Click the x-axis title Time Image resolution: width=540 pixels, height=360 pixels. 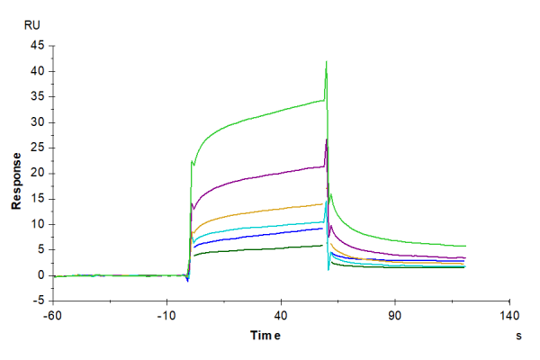click(265, 336)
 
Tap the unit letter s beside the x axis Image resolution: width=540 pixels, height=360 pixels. click(518, 336)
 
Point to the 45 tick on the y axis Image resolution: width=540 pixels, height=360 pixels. click(39, 46)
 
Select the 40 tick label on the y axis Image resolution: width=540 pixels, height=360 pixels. click(39, 71)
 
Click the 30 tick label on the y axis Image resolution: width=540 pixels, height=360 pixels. click(39, 122)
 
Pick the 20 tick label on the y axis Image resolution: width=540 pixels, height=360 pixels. click(39, 174)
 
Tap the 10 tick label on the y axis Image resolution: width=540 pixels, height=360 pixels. click(39, 224)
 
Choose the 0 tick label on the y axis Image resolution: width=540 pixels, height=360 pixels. click(42, 275)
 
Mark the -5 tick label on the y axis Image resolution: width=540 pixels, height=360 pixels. click(40, 301)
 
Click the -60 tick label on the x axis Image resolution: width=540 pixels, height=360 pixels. click(53, 316)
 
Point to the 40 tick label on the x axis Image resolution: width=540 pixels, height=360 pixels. click(281, 316)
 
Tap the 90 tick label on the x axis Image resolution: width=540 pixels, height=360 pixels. click(394, 316)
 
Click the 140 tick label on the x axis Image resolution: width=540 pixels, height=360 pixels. click(508, 316)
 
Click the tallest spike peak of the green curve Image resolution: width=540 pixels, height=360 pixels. click(326, 61)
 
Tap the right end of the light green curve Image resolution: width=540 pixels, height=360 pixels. click(465, 246)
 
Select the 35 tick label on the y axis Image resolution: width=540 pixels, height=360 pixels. click(39, 97)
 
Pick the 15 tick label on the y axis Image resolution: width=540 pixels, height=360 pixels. click(39, 199)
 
